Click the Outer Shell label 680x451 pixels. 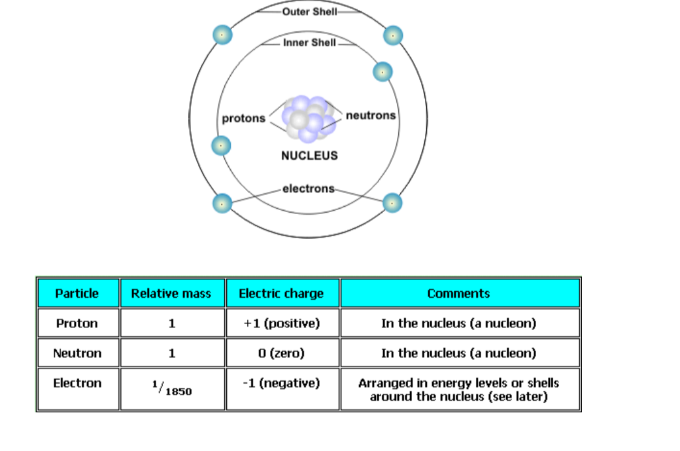309,12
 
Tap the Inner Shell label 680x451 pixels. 309,43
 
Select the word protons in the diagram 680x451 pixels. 244,118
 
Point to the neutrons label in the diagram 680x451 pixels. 370,115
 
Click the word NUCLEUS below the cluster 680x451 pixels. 309,156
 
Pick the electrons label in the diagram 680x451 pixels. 308,189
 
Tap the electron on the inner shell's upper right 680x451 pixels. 382,71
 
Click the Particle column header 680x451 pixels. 77,293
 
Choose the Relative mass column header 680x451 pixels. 171,293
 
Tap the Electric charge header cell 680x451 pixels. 281,293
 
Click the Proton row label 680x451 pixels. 77,323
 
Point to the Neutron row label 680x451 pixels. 77,353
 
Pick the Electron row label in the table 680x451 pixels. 77,383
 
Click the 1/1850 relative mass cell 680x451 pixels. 171,388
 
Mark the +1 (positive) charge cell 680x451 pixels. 281,323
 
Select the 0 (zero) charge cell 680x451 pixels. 281,353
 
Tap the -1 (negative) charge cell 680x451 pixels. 281,383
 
